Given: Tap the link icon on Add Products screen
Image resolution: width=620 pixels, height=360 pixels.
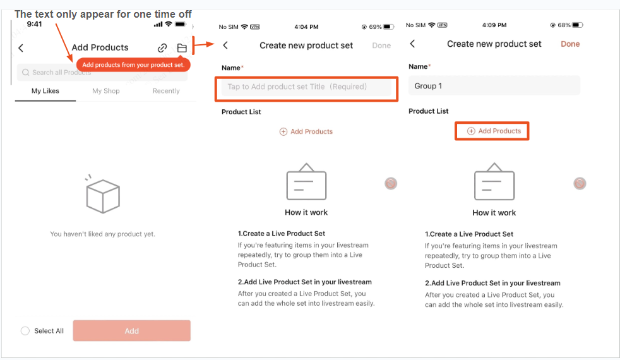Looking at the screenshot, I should point(162,48).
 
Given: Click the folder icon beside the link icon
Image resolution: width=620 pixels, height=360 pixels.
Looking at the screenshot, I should point(182,48).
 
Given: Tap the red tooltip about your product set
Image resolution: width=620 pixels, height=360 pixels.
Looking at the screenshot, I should point(133,64).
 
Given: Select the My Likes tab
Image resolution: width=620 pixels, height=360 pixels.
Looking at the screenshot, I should point(45,91).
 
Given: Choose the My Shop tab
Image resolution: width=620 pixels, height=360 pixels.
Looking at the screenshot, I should point(106,91).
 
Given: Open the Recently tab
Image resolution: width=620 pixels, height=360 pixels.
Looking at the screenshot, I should point(166,91).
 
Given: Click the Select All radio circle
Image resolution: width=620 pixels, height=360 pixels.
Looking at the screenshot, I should point(25,331).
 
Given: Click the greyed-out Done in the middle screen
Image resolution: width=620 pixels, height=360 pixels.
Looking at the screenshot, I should point(381,45).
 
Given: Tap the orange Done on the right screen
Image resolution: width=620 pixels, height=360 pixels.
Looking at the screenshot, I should point(570,44).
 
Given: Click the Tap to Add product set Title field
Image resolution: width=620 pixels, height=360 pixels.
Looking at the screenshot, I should point(306,87).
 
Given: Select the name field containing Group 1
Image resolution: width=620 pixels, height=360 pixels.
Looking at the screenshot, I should point(494,86).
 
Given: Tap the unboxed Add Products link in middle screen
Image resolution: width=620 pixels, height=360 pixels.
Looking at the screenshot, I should point(306,131).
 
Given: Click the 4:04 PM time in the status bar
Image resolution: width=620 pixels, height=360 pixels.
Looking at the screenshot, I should point(306,27).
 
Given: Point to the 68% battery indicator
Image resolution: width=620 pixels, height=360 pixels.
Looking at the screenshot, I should point(566,25).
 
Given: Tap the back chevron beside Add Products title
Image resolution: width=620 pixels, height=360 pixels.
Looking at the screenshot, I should point(21,48).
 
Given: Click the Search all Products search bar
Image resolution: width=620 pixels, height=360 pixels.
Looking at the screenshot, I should point(101,73).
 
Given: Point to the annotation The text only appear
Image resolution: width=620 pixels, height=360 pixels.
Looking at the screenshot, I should point(103,14).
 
